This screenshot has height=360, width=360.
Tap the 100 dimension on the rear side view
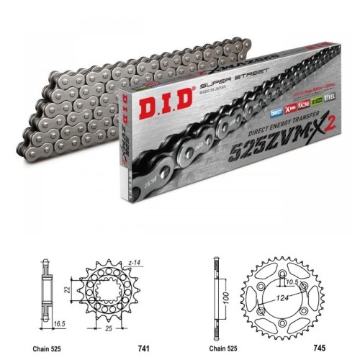tap(225, 297)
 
